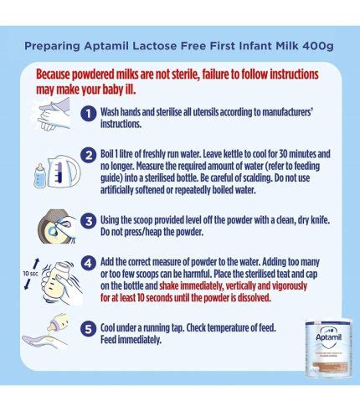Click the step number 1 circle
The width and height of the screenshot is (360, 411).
tap(89, 114)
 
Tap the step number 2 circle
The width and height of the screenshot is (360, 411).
tap(89, 155)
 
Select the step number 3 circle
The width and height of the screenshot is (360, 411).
tap(89, 221)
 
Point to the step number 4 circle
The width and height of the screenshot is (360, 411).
tap(89, 263)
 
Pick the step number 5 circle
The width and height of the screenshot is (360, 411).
tap(89, 329)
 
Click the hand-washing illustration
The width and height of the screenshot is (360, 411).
tap(54, 115)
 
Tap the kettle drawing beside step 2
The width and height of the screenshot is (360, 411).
tap(64, 171)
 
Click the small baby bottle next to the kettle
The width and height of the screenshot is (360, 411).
tap(40, 176)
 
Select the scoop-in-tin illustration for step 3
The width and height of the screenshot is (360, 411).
tap(57, 226)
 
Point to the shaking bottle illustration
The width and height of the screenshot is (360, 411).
tap(61, 282)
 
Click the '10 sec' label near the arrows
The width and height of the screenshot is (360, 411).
tap(30, 274)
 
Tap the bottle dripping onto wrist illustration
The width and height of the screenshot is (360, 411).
tap(46, 331)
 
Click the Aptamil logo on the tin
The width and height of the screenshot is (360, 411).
tap(329, 337)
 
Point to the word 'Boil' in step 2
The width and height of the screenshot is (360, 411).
tap(107, 154)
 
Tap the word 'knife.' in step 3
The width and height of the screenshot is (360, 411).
tap(320, 220)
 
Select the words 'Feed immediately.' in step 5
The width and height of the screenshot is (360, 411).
tap(131, 340)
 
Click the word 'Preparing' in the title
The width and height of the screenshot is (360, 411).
tap(52, 46)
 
